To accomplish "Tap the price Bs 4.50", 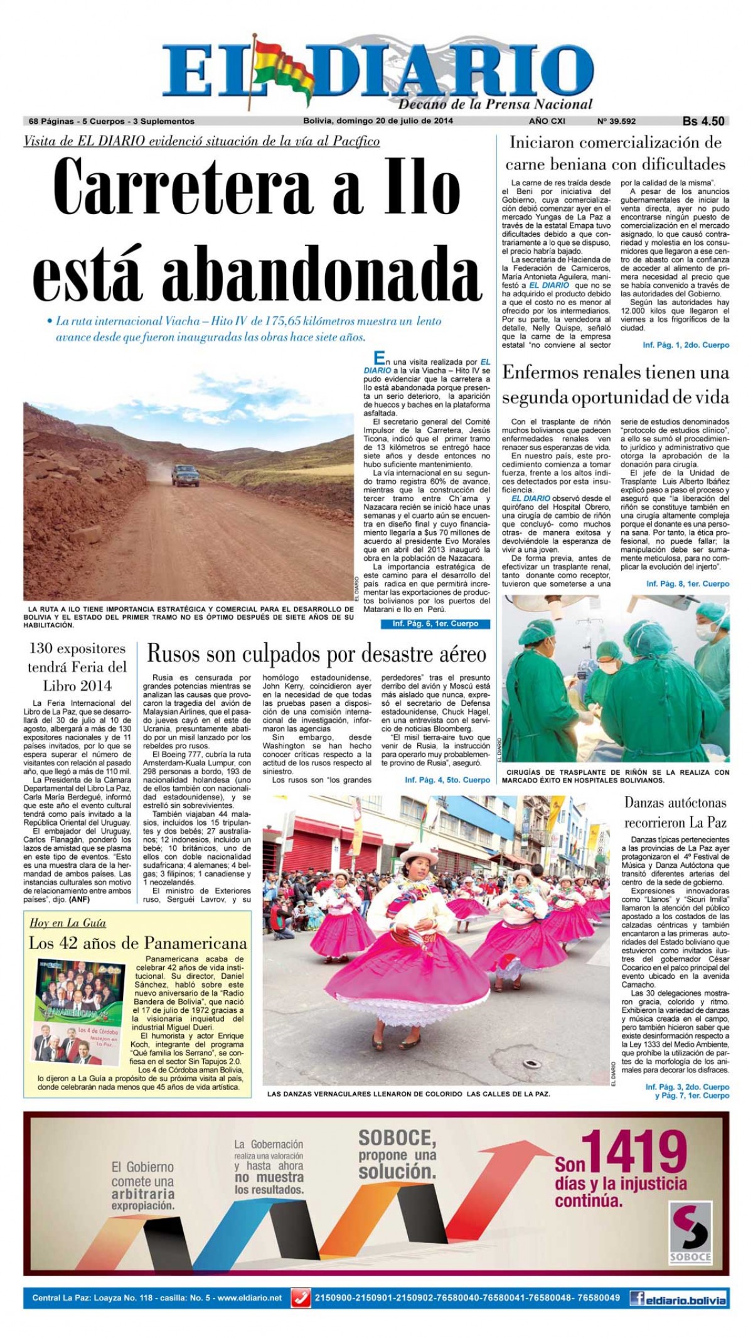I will [x=703, y=121].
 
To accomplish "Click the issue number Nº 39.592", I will [x=616, y=121].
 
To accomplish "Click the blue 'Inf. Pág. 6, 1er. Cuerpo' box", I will [x=435, y=623].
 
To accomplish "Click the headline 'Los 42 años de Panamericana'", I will [x=138, y=942].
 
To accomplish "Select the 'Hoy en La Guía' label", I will [x=68, y=922].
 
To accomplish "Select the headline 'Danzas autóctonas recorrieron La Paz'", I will [x=675, y=812].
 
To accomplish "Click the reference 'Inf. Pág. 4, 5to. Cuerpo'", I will [x=447, y=779].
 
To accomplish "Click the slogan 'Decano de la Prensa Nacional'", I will [x=495, y=104].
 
